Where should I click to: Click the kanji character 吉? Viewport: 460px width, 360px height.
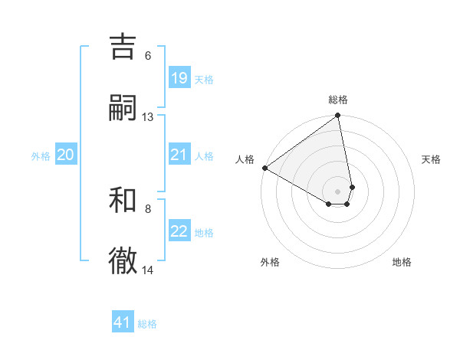123,47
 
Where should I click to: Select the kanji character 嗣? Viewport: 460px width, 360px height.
123,108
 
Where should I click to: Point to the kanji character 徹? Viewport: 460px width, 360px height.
123,260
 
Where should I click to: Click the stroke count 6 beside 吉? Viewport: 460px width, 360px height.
148,55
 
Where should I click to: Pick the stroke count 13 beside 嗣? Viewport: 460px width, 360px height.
148,117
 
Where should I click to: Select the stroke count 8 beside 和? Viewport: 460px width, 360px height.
148,208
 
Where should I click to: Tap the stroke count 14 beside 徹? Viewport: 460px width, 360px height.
148,270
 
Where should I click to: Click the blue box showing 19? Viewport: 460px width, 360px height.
179,78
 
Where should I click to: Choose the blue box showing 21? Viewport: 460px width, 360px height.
179,155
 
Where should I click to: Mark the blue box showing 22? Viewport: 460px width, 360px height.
179,232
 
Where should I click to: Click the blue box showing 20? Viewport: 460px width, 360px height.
66,155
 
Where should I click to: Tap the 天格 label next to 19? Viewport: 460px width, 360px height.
204,79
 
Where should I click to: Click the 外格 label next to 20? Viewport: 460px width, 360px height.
41,156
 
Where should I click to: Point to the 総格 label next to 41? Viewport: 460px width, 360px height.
147,324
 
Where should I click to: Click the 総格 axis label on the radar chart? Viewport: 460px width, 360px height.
338,100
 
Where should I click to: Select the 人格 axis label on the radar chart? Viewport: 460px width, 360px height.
245,159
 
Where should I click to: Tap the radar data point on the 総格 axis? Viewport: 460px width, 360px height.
337,116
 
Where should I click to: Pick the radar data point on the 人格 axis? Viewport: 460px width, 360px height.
264,168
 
